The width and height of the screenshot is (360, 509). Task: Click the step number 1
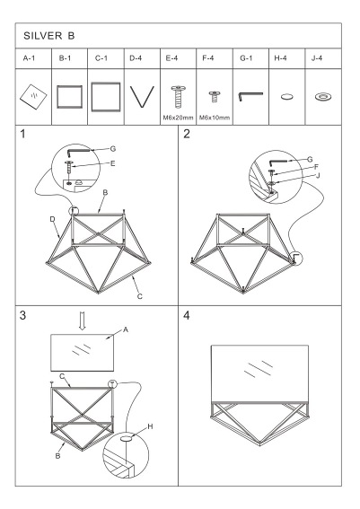pyautogui.click(x=23, y=136)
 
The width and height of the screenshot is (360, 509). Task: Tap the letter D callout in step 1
pyautogui.click(x=53, y=219)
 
